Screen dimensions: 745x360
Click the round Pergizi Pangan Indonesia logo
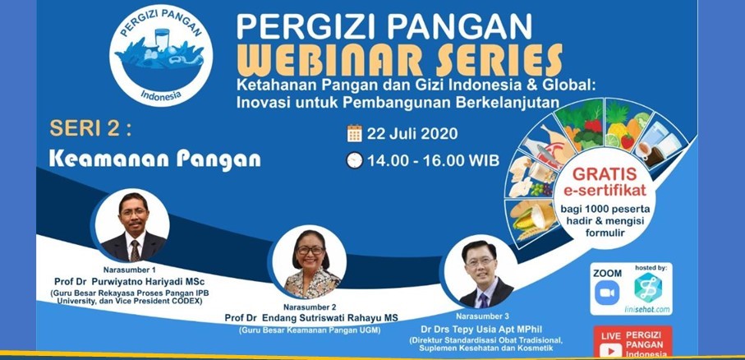pos(161,55)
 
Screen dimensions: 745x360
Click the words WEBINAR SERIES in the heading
pos(399,60)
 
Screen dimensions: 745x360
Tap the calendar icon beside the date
pos(355,134)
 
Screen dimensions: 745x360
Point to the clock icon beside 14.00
pos(355,160)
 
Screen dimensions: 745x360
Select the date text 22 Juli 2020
pos(412,134)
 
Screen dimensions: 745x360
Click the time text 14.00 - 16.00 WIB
pos(434,160)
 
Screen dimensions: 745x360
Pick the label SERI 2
pos(90,128)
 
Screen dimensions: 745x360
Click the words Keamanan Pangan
pos(155,159)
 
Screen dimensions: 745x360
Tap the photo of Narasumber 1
pos(132,225)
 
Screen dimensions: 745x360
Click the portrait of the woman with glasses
pos(310,262)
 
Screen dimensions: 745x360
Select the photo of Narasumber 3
pos(481,273)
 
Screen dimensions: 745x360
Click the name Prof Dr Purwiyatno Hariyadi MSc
pos(130,281)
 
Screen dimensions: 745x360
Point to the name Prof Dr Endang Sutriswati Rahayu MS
pos(311,318)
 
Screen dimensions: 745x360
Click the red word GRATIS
pos(605,173)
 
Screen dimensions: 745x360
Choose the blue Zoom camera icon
pos(607,293)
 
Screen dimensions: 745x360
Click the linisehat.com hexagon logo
pos(647,287)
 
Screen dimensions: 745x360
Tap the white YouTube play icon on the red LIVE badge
pos(610,350)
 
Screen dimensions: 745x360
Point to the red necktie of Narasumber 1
pos(136,251)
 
